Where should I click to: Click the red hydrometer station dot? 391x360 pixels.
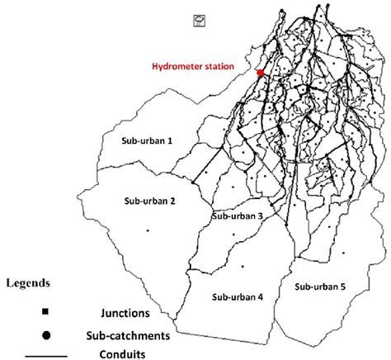tap(261, 73)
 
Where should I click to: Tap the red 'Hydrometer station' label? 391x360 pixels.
tap(193, 67)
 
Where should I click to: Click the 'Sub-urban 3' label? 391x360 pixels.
tap(238, 216)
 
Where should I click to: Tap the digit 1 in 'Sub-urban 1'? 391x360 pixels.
tap(170, 141)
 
